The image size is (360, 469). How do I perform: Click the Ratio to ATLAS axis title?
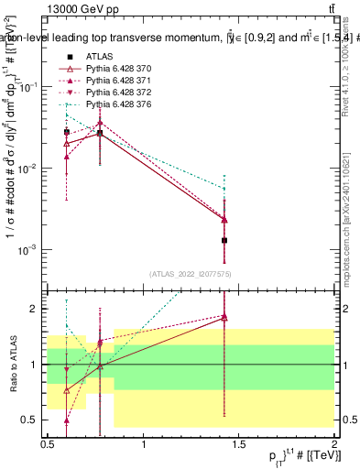point(12,365)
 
